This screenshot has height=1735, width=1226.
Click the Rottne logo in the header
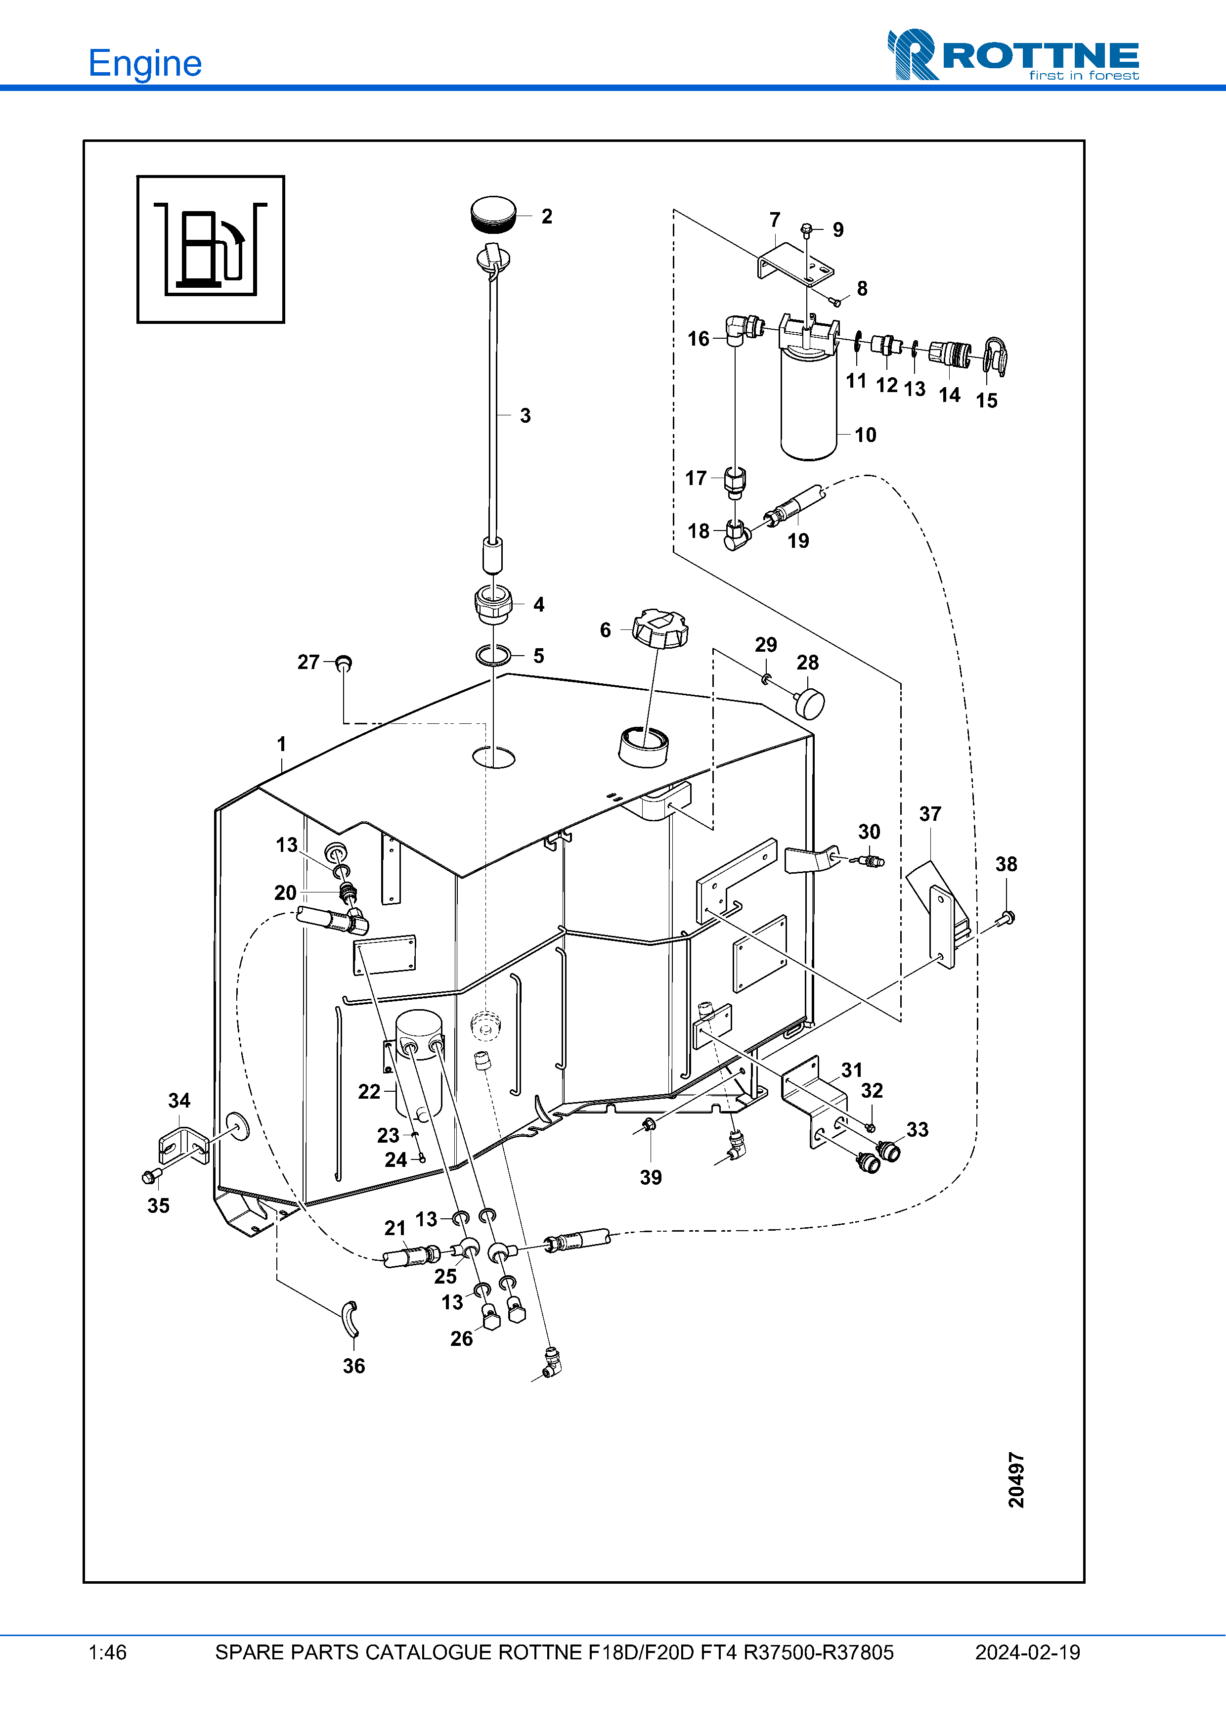[1012, 54]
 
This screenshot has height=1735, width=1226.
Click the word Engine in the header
[145, 63]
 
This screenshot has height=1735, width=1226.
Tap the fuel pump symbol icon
[211, 249]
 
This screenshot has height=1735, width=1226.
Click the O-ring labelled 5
[493, 655]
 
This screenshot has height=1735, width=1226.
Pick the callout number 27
[308, 662]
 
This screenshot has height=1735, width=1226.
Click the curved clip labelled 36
[351, 1319]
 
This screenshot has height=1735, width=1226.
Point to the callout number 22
[369, 1091]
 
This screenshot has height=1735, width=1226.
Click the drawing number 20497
[1017, 1479]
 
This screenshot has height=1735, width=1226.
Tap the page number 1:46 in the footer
[107, 1652]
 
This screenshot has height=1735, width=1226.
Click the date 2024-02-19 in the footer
[1027, 1652]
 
